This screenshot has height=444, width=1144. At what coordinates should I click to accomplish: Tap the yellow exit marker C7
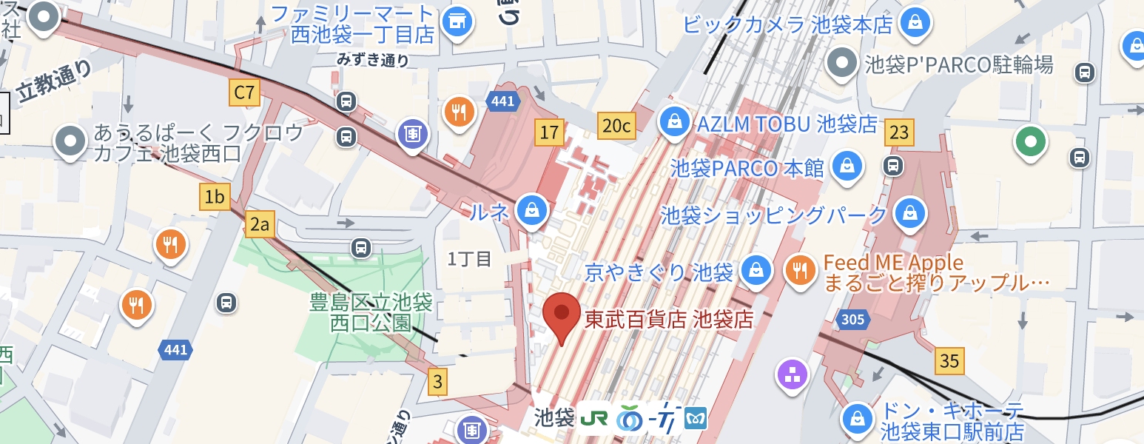click(243, 93)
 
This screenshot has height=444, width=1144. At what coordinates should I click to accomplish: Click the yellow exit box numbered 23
click(899, 132)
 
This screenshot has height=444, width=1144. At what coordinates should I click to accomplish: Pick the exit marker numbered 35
click(949, 360)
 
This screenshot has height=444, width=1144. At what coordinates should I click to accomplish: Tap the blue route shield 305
click(853, 320)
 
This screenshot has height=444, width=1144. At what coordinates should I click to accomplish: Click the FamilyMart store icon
click(457, 21)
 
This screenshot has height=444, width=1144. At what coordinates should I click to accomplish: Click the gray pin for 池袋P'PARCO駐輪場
click(842, 64)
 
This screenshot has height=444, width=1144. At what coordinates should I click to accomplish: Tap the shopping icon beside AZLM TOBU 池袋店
click(674, 121)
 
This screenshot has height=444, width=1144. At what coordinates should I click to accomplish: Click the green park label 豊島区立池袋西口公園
click(371, 312)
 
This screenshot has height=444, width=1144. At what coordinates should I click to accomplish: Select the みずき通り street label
click(373, 59)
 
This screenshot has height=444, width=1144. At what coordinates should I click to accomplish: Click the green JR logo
click(595, 418)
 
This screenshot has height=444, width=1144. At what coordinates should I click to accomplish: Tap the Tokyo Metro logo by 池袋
click(696, 418)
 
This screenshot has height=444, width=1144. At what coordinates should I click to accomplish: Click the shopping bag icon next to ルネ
click(532, 211)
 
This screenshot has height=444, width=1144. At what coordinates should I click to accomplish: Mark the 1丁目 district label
click(469, 259)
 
